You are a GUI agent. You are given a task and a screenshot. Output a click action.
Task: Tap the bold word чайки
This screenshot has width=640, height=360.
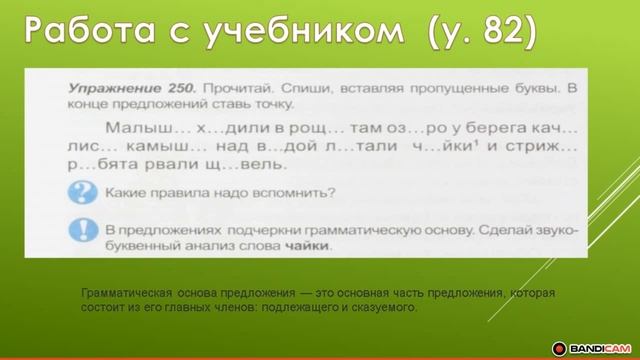(x=304, y=246)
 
